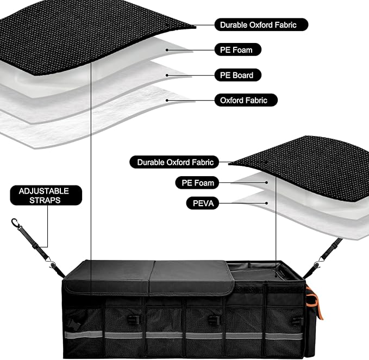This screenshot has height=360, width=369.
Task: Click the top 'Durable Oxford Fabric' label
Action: click(261, 24)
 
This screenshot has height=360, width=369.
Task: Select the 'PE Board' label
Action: click(235, 75)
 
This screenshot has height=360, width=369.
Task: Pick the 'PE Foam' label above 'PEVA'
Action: click(197, 183)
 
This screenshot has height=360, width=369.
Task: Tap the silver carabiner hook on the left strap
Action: click(15, 223)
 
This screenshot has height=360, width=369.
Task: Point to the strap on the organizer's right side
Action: click(326, 256)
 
